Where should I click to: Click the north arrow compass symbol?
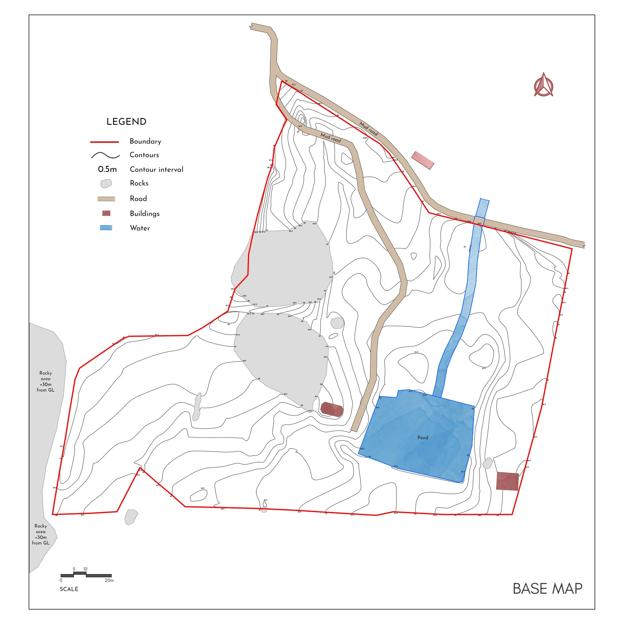click(x=544, y=85)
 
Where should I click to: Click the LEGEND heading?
click(x=126, y=122)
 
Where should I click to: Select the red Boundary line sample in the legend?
click(x=105, y=142)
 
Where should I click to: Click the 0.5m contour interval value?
click(x=107, y=169)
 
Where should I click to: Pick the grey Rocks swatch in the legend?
click(x=106, y=183)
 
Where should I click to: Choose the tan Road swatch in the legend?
click(x=106, y=199)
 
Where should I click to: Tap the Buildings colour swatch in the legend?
click(x=106, y=213)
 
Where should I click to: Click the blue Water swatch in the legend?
click(x=106, y=228)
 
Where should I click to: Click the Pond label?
click(x=423, y=438)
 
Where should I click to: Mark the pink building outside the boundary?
click(x=423, y=160)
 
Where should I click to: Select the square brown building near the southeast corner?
click(x=507, y=481)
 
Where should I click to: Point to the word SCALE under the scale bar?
click(x=69, y=589)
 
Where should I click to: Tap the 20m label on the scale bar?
click(x=109, y=580)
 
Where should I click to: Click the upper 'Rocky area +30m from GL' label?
click(x=45, y=381)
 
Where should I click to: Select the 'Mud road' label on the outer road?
click(x=368, y=129)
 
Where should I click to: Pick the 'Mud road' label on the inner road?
click(x=331, y=138)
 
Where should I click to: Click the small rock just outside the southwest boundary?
click(x=131, y=517)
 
